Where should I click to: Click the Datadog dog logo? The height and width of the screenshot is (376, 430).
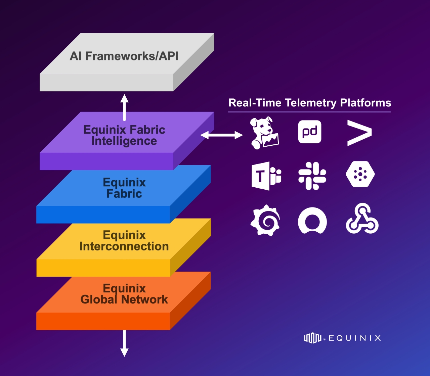(264, 133)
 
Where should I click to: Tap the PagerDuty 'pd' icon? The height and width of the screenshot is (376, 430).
(310, 132)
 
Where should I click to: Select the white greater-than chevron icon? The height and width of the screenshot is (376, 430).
(359, 133)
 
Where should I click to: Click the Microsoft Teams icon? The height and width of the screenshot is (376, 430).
(266, 176)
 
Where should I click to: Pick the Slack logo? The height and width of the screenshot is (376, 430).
(312, 176)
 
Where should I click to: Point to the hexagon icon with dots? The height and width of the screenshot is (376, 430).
(360, 175)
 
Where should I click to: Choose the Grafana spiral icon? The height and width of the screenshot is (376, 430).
(265, 220)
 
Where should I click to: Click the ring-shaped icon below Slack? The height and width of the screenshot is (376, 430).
(312, 220)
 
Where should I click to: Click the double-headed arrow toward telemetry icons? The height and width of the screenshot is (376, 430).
(221, 135)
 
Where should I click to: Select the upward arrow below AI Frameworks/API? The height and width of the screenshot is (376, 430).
(125, 107)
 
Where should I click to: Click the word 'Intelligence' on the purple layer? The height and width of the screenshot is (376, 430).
(124, 141)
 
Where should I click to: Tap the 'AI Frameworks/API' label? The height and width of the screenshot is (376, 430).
(124, 56)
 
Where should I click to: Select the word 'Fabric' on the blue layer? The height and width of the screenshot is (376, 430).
(124, 194)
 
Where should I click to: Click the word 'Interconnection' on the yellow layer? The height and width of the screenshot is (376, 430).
(124, 246)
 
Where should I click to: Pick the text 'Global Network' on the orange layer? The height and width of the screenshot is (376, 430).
(124, 299)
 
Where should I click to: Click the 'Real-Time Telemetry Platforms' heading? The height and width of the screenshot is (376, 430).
(309, 103)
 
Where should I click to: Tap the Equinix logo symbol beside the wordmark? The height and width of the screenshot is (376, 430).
(312, 338)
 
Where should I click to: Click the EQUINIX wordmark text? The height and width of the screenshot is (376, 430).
(354, 338)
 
